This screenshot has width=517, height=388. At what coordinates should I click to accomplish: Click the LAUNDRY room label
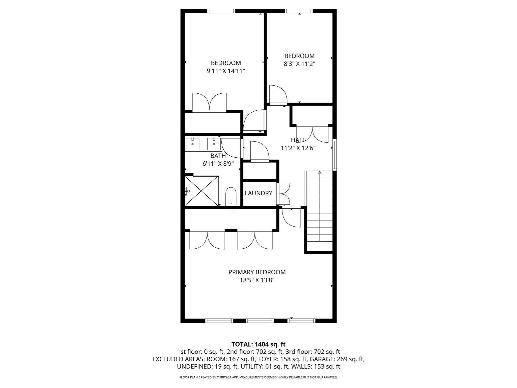click(258, 193)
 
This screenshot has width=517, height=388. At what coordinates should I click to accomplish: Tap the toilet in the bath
click(231, 197)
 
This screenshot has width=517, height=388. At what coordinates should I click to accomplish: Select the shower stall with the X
click(201, 191)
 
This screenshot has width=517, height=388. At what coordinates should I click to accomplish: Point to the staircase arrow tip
click(320, 173)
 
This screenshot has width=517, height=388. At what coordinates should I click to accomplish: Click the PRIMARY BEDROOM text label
click(257, 272)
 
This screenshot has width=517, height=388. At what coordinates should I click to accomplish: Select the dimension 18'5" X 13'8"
click(257, 280)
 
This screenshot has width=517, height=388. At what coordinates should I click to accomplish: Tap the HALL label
click(298, 140)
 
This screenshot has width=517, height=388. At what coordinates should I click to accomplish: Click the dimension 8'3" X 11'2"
click(299, 64)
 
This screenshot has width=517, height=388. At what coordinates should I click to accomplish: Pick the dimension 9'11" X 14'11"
click(226, 71)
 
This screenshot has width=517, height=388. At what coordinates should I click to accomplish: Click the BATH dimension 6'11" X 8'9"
click(218, 164)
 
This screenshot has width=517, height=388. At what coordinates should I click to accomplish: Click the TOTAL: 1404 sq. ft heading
click(258, 344)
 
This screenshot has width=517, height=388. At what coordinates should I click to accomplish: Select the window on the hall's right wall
click(334, 154)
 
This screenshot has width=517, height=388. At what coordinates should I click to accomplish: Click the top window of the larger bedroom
click(221, 11)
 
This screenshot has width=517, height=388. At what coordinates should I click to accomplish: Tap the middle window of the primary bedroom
click(260, 321)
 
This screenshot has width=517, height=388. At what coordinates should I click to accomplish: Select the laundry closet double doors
click(283, 193)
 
